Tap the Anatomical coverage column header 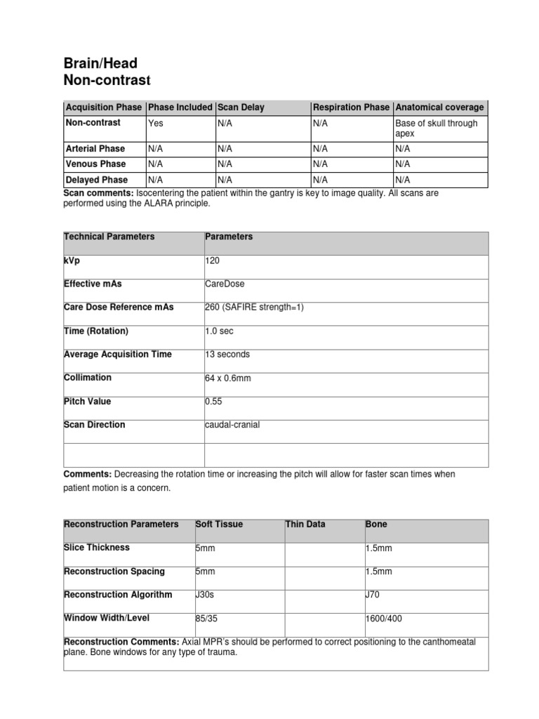[439, 107]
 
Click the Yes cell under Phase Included [155, 124]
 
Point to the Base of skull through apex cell [436, 128]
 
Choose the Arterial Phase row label [95, 149]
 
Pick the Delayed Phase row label [96, 180]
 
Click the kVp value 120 [212, 260]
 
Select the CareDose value [225, 284]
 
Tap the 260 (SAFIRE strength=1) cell [254, 308]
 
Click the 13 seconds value [227, 355]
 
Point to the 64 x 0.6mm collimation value [227, 378]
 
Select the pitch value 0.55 [214, 402]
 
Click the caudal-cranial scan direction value [232, 425]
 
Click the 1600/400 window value [384, 619]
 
